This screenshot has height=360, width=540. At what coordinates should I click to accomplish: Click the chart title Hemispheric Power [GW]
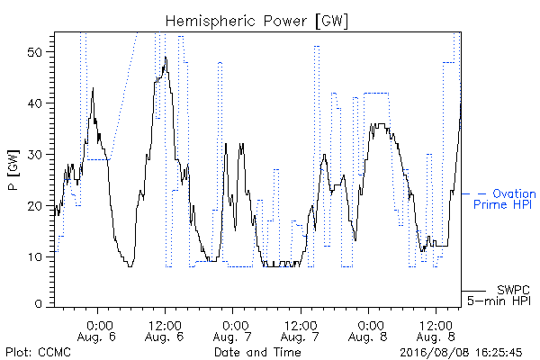(x=256, y=22)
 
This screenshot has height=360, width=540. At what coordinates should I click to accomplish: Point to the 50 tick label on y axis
(x=34, y=52)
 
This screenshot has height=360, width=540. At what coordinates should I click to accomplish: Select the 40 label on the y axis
(x=34, y=103)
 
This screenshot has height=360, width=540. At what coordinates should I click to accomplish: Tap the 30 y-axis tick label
(x=34, y=155)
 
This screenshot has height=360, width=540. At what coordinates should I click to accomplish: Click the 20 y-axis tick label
(x=34, y=206)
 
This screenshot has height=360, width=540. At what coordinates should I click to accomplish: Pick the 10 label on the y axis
(x=35, y=257)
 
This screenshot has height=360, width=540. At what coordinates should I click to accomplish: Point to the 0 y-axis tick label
(x=38, y=304)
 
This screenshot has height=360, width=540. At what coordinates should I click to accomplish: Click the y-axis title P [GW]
(x=13, y=170)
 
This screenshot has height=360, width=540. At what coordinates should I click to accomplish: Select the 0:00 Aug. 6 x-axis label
(x=97, y=331)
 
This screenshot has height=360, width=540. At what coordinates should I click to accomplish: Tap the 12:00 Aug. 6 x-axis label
(x=165, y=331)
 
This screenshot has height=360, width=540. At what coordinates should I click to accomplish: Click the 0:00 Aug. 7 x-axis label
(x=232, y=331)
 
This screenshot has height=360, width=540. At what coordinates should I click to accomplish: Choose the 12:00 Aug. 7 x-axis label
(x=301, y=331)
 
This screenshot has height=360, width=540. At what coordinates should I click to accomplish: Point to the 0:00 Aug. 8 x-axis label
(x=368, y=331)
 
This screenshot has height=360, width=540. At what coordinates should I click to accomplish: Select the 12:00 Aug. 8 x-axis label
(x=436, y=331)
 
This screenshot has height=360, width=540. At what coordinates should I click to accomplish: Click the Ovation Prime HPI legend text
(x=505, y=199)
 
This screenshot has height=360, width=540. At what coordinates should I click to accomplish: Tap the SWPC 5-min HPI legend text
(x=499, y=295)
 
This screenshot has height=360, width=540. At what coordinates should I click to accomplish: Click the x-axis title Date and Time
(x=257, y=353)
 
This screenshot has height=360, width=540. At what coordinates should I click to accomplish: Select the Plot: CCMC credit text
(x=38, y=353)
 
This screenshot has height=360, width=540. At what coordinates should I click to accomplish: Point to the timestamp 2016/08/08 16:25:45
(x=461, y=353)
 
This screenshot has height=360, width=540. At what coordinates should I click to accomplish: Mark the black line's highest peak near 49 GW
(x=166, y=57)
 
